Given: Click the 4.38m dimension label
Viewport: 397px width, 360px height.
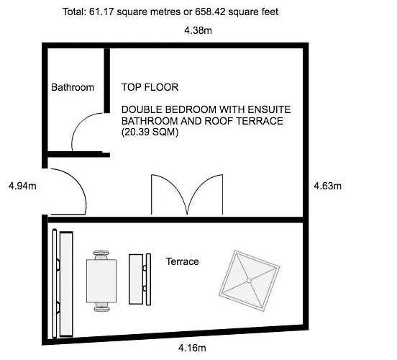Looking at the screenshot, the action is pyautogui.click(x=198, y=30).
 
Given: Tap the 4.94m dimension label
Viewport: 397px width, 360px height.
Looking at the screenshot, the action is pyautogui.click(x=22, y=186).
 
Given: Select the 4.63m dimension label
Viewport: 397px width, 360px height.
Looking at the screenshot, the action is pyautogui.click(x=328, y=186).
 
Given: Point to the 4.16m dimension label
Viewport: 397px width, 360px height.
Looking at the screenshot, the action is pyautogui.click(x=192, y=348).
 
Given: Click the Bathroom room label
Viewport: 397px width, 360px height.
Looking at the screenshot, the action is pyautogui.click(x=73, y=87).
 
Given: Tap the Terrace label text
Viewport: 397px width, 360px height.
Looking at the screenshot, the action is pyautogui.click(x=182, y=261).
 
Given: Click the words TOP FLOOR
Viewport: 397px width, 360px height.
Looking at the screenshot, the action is pyautogui.click(x=150, y=87).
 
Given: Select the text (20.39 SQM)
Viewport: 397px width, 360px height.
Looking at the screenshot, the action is pyautogui.click(x=150, y=132).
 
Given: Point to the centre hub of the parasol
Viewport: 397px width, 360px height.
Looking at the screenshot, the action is pyautogui.click(x=249, y=280).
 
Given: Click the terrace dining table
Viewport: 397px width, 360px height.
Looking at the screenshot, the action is pyautogui.click(x=101, y=281).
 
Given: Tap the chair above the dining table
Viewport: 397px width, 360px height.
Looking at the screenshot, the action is pyautogui.click(x=101, y=255).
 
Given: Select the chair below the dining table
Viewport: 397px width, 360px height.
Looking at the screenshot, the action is pyautogui.click(x=101, y=307).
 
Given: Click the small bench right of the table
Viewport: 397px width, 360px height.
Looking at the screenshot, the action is pyautogui.click(x=140, y=279).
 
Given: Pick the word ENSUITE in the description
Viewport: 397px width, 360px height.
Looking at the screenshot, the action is pyautogui.click(x=269, y=109).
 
